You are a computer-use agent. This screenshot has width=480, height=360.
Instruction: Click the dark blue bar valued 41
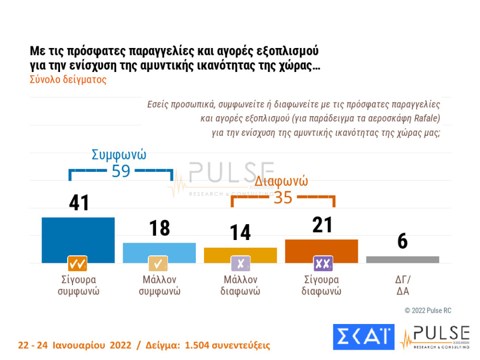point(78,235)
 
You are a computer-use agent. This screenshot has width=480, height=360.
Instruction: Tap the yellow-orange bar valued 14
point(240,252)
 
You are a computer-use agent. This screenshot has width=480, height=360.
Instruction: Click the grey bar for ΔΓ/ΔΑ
point(403,260)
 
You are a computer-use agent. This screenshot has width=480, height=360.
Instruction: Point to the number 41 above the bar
point(79,203)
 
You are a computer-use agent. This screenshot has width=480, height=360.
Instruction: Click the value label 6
point(403,242)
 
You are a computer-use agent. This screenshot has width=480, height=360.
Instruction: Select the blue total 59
point(121,171)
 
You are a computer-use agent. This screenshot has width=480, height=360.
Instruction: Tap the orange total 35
point(283,197)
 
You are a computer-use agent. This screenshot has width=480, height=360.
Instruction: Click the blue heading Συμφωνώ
point(119,154)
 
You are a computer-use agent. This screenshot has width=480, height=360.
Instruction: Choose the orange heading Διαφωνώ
point(282,181)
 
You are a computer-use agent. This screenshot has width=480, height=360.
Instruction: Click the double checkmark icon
point(77,264)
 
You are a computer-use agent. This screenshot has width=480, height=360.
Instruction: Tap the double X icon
point(322,264)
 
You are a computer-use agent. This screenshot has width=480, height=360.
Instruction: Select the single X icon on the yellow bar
point(241,264)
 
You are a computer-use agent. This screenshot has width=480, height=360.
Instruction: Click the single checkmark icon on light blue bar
point(158,264)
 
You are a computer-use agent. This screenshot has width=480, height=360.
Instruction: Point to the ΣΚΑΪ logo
point(363,337)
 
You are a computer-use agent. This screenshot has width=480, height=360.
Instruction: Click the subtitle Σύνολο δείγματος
point(68,79)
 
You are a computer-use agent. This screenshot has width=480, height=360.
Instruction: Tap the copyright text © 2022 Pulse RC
point(428,310)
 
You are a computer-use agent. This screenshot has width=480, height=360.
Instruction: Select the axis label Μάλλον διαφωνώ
point(240,285)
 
